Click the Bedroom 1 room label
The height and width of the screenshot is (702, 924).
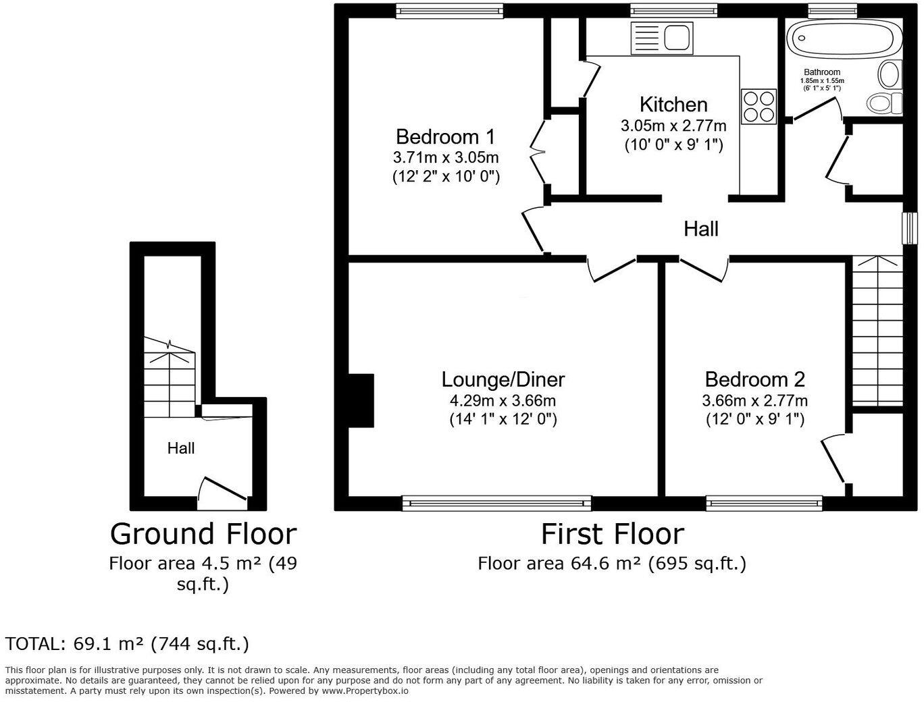445,137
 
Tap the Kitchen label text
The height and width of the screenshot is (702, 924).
673,105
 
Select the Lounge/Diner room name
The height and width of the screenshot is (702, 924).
503,379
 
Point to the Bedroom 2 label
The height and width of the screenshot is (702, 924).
754,379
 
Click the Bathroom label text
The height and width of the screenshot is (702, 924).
822,72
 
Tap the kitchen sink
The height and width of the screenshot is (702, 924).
662,36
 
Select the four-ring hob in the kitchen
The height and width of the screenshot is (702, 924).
759,107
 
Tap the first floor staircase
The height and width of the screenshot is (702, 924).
877,331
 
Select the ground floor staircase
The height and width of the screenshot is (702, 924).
170,378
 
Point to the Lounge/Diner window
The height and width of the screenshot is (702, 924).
496,503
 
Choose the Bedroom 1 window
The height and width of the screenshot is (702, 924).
449,9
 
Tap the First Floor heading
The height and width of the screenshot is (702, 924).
612,534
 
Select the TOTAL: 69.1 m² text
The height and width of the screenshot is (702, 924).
127,644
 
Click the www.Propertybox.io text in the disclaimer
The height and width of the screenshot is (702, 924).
365,691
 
